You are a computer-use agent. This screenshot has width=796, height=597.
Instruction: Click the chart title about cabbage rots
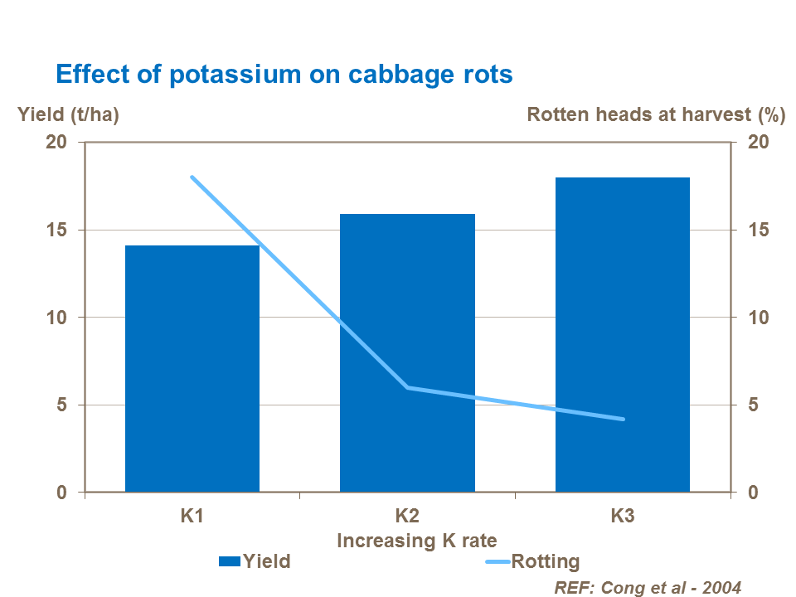(x=284, y=74)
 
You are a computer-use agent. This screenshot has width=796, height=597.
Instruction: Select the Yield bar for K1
(x=192, y=369)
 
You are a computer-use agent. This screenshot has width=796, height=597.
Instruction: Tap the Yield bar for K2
(x=407, y=352)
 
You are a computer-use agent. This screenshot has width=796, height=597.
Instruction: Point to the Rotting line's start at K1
(x=192, y=177)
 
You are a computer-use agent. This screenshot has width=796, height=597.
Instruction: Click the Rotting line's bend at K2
(x=407, y=387)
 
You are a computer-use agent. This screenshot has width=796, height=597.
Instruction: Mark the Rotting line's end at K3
(x=623, y=419)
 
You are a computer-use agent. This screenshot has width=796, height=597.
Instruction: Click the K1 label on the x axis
(x=192, y=516)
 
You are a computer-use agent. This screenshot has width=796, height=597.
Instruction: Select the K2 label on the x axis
(x=407, y=516)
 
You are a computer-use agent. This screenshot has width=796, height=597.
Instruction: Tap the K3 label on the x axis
(x=623, y=516)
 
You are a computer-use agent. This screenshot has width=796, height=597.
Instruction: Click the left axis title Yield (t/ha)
(x=69, y=115)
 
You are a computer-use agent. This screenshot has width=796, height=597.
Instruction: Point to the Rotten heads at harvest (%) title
(x=656, y=115)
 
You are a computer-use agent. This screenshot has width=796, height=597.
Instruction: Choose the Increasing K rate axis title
(x=417, y=541)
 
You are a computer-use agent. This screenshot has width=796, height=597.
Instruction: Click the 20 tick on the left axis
(x=56, y=142)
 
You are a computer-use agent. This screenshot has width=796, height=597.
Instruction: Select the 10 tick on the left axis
(x=56, y=318)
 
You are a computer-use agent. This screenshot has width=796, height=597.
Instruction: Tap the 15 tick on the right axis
(x=758, y=230)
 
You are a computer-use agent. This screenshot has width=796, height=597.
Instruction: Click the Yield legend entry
(x=255, y=561)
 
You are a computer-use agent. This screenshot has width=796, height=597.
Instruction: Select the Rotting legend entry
(x=531, y=561)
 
